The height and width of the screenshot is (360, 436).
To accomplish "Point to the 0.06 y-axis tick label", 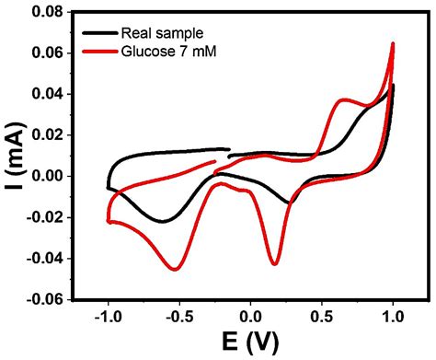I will pos(46,53).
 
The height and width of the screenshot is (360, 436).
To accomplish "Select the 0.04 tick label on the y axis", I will pos(46,94).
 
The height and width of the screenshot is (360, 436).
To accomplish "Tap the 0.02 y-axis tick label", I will pos(46,135).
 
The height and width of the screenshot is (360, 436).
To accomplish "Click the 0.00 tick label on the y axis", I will pos(46,176).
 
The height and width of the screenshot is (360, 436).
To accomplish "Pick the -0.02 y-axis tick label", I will pos(43,217).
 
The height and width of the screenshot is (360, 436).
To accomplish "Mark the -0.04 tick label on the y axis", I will pos(43,258).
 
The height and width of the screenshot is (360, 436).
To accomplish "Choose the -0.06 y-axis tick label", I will pos(43,299).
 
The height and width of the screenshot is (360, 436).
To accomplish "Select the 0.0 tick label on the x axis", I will pos(251,316).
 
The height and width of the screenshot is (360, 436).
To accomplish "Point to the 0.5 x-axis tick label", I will pos(322,316).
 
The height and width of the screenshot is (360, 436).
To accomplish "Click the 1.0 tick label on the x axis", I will pos(394,316).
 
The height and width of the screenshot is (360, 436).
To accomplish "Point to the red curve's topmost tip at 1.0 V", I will pos(393,43).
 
